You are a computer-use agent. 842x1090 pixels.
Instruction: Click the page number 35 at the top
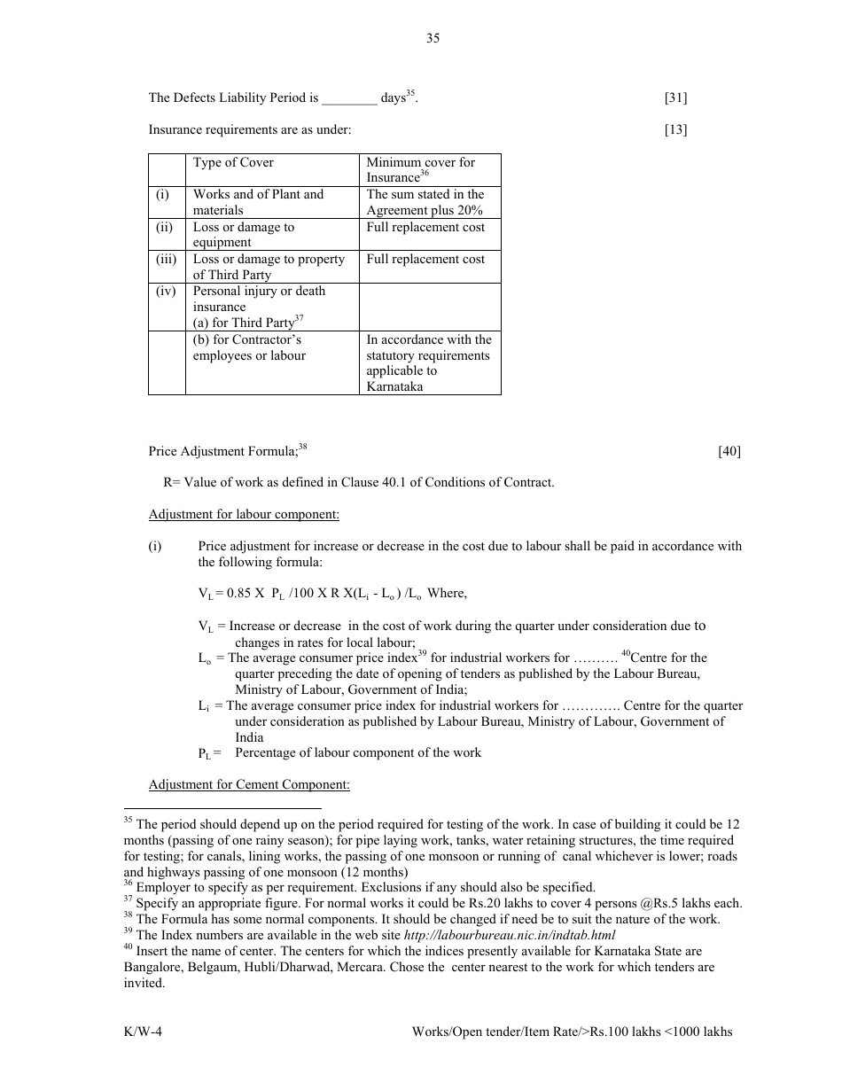point(433,38)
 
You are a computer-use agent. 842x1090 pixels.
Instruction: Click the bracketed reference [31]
point(675,98)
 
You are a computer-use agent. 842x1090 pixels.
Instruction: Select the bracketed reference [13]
point(675,130)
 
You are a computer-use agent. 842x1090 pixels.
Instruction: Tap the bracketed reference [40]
point(729,452)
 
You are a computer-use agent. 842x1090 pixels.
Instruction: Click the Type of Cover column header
point(233,163)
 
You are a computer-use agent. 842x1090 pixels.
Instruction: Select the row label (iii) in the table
point(166,260)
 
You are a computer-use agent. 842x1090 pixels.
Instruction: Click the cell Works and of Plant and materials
point(258,202)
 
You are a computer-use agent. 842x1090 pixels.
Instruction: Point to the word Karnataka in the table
point(394,387)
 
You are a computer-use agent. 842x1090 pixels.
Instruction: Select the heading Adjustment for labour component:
point(244,515)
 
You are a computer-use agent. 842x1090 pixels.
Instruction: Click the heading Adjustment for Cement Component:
point(249,785)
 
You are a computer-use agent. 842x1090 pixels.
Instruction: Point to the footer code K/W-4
point(143,1032)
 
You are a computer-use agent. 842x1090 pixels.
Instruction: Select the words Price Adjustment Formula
point(222,452)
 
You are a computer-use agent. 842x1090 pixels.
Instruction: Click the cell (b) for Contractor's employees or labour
point(249,348)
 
